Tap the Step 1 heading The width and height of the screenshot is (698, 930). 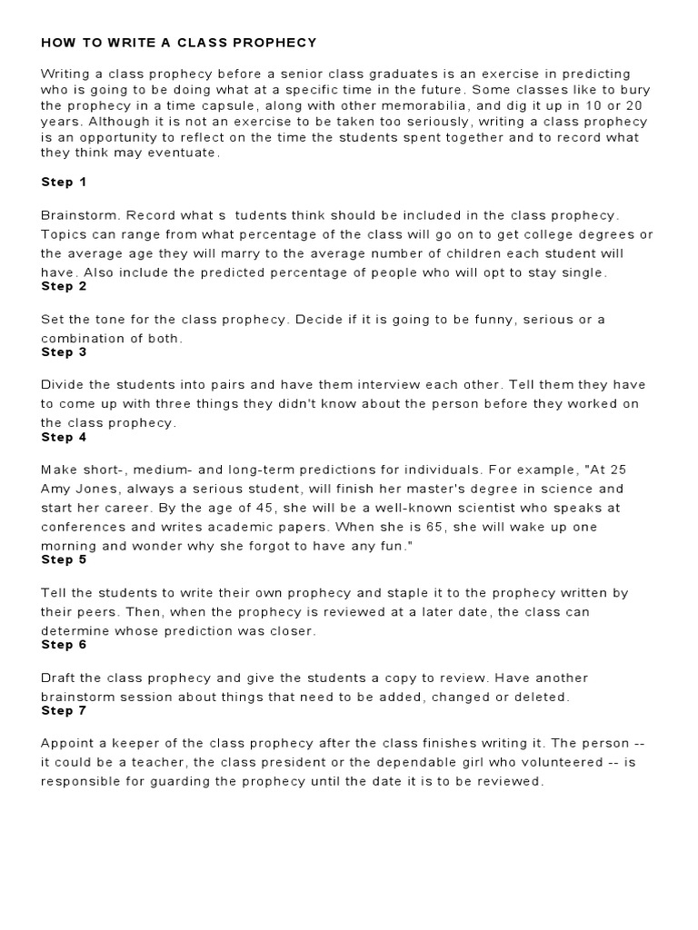click(x=64, y=182)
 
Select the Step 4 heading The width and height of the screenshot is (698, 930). click(x=64, y=437)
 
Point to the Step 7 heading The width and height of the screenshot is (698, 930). click(x=64, y=710)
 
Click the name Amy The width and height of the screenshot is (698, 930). click(x=56, y=489)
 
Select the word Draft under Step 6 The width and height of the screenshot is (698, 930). click(x=59, y=678)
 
